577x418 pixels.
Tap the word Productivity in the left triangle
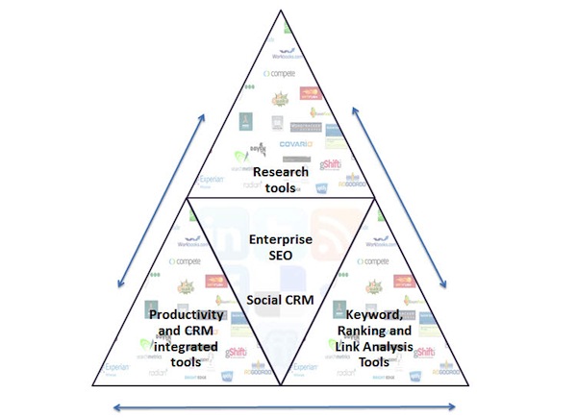coord(187,315)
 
